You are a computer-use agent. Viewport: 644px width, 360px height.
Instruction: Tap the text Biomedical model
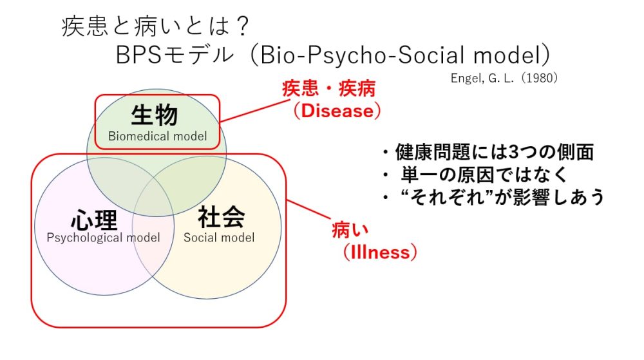(x=158, y=136)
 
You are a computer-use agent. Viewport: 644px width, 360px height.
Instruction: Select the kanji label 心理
(x=95, y=220)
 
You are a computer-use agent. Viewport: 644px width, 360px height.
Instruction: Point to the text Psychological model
(x=103, y=237)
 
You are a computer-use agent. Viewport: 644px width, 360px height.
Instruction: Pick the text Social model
(x=219, y=237)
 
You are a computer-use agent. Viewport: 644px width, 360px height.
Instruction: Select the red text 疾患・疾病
(x=328, y=89)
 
